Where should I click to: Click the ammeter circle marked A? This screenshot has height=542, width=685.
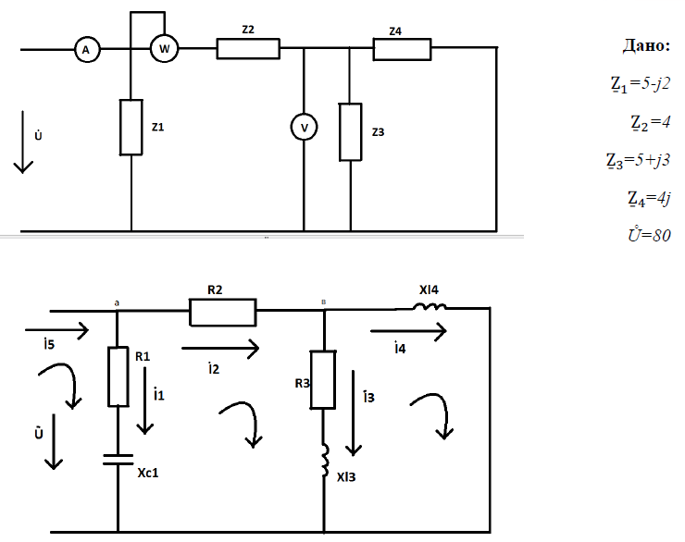tap(86, 51)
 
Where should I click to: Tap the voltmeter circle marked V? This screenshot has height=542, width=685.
tap(304, 127)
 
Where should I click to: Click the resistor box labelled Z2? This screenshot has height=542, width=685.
tap(248, 48)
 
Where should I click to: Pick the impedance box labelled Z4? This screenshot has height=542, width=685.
tap(403, 48)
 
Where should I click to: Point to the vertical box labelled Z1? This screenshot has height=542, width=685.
tap(131, 127)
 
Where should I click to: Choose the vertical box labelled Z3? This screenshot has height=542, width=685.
tap(350, 130)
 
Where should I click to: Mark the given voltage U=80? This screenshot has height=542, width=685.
tap(648, 234)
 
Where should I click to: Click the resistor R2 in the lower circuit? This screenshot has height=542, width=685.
tap(222, 314)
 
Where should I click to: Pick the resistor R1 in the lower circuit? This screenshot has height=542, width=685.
tap(118, 376)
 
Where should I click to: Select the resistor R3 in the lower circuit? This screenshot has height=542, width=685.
tap(324, 379)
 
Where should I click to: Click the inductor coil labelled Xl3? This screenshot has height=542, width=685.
tap(324, 458)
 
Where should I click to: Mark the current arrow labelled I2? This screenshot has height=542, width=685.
tap(220, 349)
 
